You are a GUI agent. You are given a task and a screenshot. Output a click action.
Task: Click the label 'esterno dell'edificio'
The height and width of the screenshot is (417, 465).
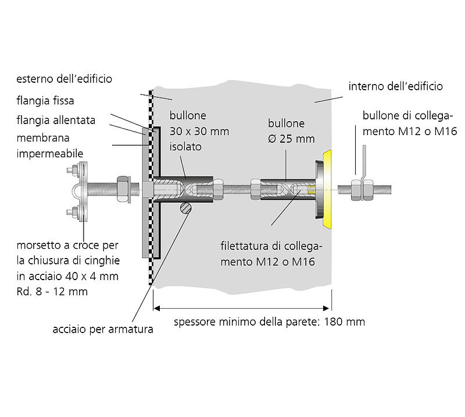64,78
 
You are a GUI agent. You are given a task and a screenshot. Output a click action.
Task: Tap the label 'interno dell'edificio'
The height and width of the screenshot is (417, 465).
395,87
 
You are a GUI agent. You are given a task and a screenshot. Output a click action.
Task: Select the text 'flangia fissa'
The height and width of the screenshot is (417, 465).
45,101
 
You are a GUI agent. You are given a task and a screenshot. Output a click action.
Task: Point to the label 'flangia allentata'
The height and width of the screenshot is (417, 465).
56,120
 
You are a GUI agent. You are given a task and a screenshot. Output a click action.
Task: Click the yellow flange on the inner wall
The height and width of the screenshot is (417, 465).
326,188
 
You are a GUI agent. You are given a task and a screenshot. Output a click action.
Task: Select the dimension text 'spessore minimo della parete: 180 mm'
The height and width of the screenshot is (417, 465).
270,321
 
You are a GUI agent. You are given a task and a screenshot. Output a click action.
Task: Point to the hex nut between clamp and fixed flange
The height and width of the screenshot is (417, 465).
124,188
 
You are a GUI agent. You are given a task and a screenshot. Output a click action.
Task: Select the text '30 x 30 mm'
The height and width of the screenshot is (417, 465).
199,131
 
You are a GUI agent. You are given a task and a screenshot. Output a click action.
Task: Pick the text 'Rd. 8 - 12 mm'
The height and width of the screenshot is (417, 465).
52,292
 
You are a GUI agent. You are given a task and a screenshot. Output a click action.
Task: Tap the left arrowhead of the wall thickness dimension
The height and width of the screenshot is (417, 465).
156,309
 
